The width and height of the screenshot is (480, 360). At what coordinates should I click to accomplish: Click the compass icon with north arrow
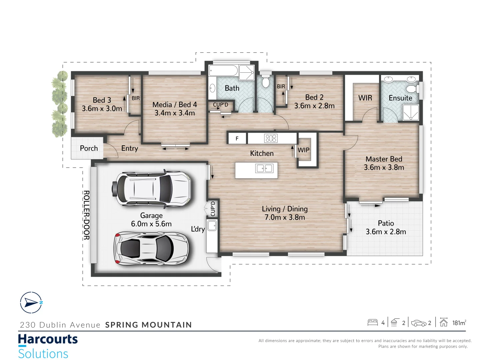(31, 303)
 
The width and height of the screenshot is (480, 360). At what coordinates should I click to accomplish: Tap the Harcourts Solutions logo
(48, 346)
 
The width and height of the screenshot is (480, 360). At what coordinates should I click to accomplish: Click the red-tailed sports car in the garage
(151, 248)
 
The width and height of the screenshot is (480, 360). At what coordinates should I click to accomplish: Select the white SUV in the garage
(153, 189)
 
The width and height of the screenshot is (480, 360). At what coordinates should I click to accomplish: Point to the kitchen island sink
(264, 169)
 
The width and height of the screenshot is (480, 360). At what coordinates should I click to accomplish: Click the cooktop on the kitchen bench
(271, 138)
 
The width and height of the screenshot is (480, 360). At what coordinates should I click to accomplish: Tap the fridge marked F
(237, 138)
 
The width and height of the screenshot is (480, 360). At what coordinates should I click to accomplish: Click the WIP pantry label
(303, 150)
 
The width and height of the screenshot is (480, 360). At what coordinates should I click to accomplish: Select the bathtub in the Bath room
(223, 71)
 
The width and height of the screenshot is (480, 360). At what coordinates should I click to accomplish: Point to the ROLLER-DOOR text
(86, 215)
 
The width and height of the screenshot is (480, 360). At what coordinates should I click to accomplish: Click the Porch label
(89, 148)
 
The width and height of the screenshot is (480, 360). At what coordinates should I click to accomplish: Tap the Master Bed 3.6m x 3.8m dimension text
(384, 167)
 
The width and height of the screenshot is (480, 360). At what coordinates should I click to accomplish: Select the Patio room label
(386, 223)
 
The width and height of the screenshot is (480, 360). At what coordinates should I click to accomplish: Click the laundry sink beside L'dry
(212, 226)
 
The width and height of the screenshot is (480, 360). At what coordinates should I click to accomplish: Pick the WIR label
(365, 98)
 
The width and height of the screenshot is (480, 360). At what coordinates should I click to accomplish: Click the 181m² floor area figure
(459, 323)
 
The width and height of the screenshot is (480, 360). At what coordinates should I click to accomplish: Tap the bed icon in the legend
(372, 322)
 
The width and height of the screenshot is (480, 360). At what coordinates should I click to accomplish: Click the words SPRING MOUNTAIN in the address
(148, 325)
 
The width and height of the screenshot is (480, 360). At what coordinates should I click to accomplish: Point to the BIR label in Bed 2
(281, 87)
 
